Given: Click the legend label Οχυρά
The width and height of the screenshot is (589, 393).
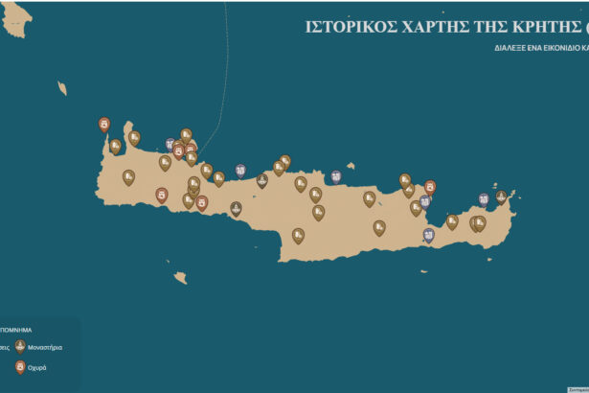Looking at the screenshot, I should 36,367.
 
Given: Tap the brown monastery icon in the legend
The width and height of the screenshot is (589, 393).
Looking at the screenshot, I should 20,346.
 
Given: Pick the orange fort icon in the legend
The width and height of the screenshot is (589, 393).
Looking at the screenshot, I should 20,366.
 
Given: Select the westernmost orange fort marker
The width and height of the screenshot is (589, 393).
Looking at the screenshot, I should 104,124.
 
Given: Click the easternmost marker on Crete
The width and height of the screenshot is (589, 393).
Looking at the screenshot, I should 501,196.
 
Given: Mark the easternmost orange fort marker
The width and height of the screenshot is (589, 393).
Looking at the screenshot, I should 430,186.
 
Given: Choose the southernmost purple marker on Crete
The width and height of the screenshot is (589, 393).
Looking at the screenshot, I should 428,234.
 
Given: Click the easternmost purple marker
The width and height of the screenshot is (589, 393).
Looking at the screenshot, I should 485,198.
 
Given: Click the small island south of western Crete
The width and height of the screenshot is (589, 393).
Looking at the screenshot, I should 179,278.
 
